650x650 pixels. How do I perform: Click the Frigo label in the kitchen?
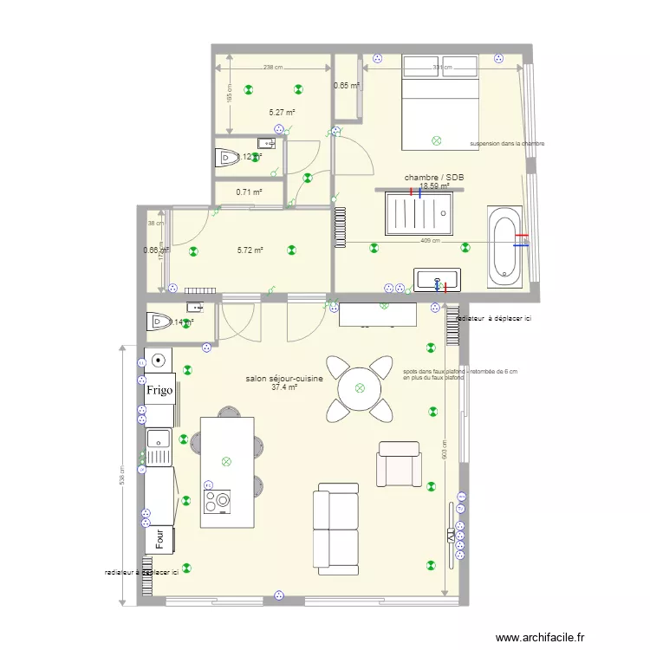[x=159, y=390]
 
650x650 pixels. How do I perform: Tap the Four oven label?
[x=159, y=538]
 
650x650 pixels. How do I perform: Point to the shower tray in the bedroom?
[x=420, y=213]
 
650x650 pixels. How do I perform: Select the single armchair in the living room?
[x=399, y=464]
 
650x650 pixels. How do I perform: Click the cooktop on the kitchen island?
[x=217, y=500]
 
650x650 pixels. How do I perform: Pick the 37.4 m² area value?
[x=284, y=388]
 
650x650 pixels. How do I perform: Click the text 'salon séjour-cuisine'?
[x=284, y=379]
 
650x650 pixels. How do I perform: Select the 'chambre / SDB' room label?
[x=434, y=177]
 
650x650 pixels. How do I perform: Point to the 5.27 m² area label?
[x=282, y=113]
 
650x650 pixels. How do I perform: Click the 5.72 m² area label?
[x=250, y=250]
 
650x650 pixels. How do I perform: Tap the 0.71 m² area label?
[x=250, y=192]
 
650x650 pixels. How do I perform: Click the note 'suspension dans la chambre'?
[x=507, y=144]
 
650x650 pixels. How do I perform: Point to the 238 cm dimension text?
[x=273, y=67]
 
